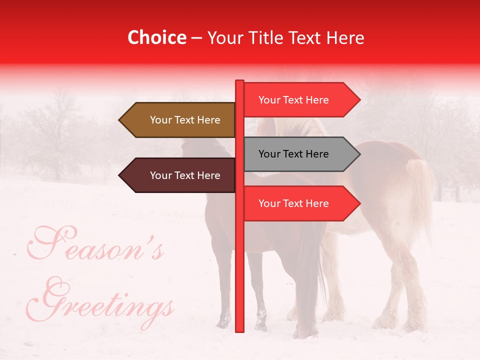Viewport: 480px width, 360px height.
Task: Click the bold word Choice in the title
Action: pyautogui.click(x=156, y=37)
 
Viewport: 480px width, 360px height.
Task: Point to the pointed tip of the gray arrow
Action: pyautogui.click(x=359, y=154)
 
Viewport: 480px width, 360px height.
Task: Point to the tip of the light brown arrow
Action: pyautogui.click(x=120, y=120)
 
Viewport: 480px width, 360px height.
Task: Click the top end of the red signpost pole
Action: pyautogui.click(x=239, y=81)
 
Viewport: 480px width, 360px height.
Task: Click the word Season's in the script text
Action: pyautogui.click(x=95, y=245)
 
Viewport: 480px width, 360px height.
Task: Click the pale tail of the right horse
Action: pyautogui.click(x=420, y=195)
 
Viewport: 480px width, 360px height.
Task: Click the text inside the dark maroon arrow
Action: pyautogui.click(x=185, y=175)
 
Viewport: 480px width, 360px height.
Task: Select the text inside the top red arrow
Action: pyautogui.click(x=293, y=100)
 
